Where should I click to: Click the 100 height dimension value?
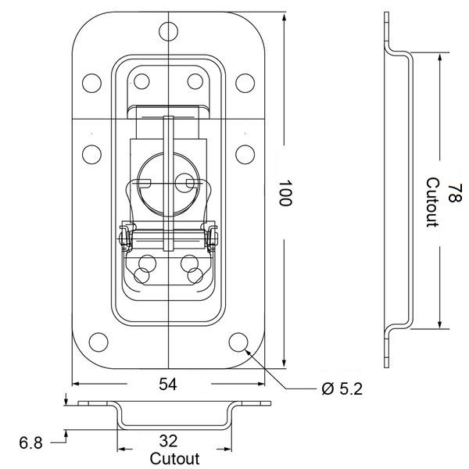(285, 193)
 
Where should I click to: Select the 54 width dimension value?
(168, 384)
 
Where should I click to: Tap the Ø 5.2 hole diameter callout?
(342, 388)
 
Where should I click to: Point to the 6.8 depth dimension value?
(30, 442)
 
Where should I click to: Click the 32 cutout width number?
(168, 441)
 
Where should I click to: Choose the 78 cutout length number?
(455, 193)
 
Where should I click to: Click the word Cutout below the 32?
(174, 459)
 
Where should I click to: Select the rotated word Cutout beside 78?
(432, 202)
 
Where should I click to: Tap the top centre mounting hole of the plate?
(168, 31)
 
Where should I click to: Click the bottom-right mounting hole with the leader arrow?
(238, 342)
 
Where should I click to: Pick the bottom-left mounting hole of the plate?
(98, 342)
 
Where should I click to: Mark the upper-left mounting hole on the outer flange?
(91, 83)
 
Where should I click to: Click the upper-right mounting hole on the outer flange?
(245, 83)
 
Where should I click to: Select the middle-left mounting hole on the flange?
(91, 154)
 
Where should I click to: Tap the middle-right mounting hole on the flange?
(245, 154)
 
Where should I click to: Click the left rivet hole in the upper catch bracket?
(141, 81)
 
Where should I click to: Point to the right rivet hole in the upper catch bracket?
(195, 81)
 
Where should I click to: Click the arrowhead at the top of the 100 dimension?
(284, 16)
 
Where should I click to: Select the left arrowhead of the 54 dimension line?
(77, 384)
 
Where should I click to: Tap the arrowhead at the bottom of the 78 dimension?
(439, 324)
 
